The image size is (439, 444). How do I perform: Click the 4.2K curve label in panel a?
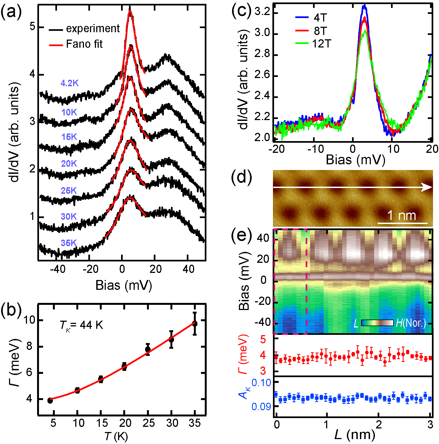(70, 83)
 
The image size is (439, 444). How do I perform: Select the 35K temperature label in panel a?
(69, 243)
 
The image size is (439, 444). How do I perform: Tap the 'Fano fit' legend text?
(84, 44)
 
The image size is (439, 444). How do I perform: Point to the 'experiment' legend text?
(93, 28)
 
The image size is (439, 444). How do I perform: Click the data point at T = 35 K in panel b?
(195, 324)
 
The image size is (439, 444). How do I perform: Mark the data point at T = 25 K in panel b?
(148, 349)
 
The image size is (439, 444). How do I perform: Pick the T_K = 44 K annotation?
(81, 325)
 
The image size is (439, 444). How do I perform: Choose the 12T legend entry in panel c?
(321, 44)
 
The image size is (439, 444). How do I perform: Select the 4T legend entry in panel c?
(320, 18)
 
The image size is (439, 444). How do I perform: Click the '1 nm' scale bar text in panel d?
(402, 216)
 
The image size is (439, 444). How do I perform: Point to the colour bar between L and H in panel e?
(377, 323)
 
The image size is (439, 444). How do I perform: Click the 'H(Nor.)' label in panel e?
(411, 323)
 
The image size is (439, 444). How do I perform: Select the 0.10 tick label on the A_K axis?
(261, 383)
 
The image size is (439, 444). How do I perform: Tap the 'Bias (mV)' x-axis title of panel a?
(124, 285)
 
